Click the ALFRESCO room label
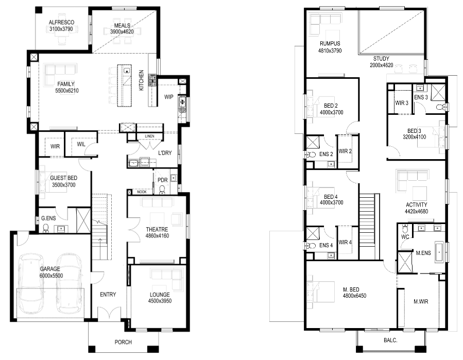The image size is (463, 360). click(61, 23)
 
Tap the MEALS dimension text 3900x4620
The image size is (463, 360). click(122, 32)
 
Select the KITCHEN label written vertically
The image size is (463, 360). click(142, 80)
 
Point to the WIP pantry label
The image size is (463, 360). click(168, 97)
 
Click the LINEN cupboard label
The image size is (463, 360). click(149, 136)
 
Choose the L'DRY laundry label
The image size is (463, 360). click(165, 153)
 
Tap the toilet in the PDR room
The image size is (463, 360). click(162, 190)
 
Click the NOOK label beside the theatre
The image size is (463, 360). click(142, 192)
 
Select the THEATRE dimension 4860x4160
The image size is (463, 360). click(157, 236)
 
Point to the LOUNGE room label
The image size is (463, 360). click(160, 295)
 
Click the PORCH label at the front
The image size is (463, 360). click(123, 342)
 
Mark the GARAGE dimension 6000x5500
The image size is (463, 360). click(51, 276)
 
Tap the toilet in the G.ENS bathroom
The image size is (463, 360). click(46, 229)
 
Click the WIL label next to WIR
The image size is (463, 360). click(81, 144)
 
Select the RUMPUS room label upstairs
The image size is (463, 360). click(330, 44)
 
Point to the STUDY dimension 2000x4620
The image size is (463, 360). click(382, 65)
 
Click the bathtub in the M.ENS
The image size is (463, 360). click(439, 252)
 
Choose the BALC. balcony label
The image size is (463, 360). click(390, 340)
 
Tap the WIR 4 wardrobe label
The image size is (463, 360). click(345, 243)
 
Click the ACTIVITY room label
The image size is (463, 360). click(416, 204)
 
